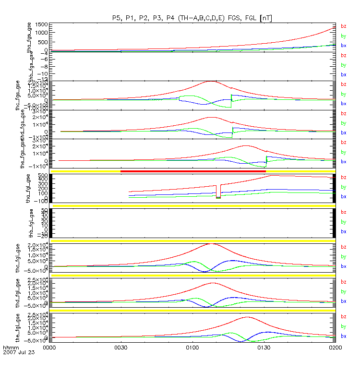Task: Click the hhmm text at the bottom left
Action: coord(10,347)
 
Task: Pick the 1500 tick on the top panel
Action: coord(41,24)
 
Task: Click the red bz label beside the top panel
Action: coord(343,26)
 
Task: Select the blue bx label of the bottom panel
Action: coord(343,336)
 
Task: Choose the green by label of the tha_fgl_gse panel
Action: coord(343,187)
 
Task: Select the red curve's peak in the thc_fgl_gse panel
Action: coord(211,244)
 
